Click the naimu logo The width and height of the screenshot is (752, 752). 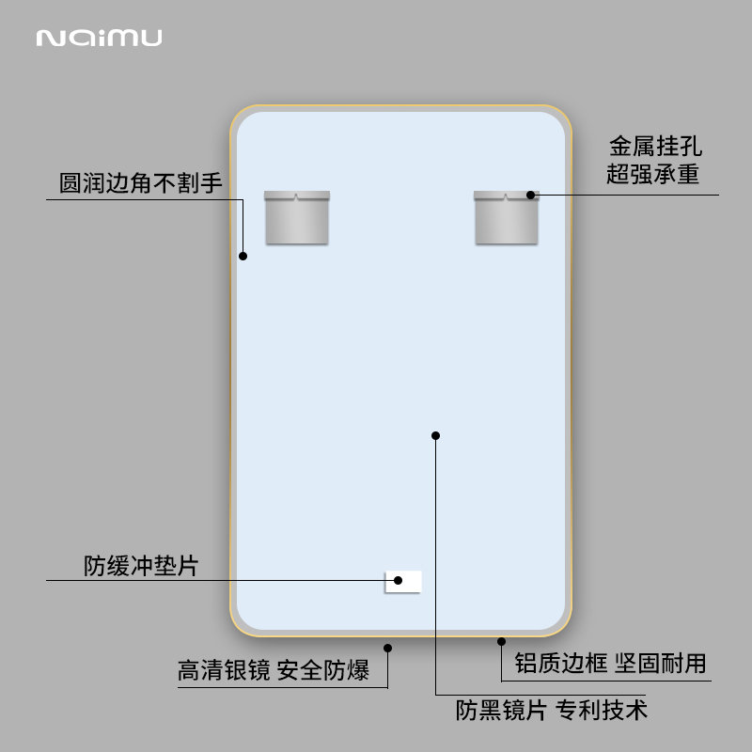[99, 38]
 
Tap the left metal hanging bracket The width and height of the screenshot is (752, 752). [297, 218]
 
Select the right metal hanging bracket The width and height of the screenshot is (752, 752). [506, 218]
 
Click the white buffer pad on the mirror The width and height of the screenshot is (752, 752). [403, 582]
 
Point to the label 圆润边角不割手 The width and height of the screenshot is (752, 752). [141, 182]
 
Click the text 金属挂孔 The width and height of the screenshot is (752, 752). [655, 147]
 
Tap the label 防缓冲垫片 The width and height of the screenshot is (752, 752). [141, 566]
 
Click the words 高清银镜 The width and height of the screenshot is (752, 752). [224, 670]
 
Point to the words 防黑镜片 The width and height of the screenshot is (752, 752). [501, 709]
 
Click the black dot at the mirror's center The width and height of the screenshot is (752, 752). [436, 435]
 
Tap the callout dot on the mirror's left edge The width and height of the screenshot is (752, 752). [243, 256]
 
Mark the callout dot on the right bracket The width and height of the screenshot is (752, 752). [531, 195]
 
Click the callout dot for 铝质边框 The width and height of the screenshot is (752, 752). [501, 642]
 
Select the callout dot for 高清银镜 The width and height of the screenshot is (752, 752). [387, 647]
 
